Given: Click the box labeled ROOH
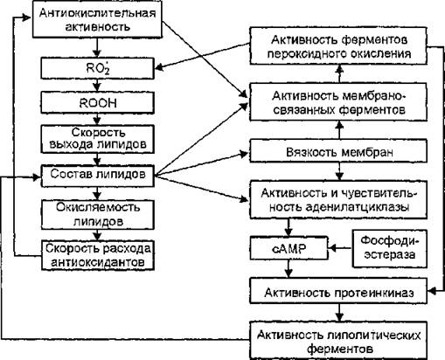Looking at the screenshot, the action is (97, 102).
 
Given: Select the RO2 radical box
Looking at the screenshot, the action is (97, 68).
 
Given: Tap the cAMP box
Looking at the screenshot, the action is (289, 248).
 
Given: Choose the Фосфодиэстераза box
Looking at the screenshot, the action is (390, 248).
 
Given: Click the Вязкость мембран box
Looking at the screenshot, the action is (338, 151).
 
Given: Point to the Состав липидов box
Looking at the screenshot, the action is (97, 176).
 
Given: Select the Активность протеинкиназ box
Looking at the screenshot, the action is (338, 291).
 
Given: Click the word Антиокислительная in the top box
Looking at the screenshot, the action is (97, 13).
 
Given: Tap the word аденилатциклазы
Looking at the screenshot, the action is (358, 207).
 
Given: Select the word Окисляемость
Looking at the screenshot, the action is (98, 207).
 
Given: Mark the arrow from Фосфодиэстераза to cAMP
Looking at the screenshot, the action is (340, 248).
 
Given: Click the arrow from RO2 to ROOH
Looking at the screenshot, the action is (97, 86).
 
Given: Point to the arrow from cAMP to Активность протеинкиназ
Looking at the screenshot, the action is (289, 269).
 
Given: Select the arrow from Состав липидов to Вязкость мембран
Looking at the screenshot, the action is (201, 164).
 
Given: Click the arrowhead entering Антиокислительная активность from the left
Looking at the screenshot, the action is (27, 17).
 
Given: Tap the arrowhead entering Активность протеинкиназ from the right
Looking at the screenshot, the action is (432, 291).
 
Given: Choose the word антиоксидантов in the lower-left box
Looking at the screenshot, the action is (98, 262).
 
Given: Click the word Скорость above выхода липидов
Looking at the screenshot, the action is (98, 133).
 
